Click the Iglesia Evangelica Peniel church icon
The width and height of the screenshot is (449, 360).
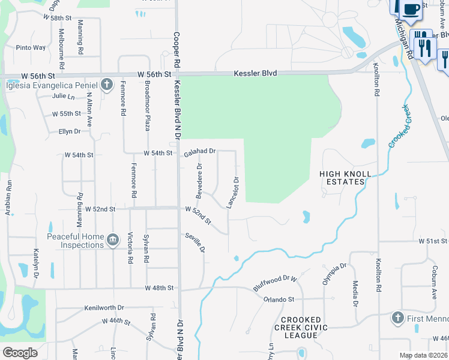(x=107, y=83)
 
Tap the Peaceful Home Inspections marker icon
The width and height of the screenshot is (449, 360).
(x=112, y=241)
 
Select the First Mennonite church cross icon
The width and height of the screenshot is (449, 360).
(x=397, y=317)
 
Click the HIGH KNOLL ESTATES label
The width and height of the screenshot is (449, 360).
(x=342, y=178)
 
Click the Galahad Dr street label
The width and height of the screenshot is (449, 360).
(x=199, y=154)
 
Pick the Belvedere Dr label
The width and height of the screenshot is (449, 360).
(x=199, y=175)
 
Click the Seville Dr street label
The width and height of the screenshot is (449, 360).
(x=196, y=242)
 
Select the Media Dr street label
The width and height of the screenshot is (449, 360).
(x=355, y=295)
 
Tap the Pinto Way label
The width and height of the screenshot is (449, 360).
(x=31, y=47)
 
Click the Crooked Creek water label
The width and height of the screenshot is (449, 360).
(x=399, y=126)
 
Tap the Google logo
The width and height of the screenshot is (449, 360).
(x=20, y=353)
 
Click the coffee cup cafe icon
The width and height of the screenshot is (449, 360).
(x=411, y=10)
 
